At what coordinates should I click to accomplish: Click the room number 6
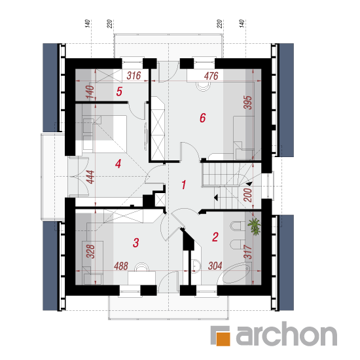click(202, 118)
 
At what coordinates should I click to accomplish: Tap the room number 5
click(119, 92)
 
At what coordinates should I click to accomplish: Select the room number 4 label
click(118, 164)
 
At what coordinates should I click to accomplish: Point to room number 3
click(135, 243)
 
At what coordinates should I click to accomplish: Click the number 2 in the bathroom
click(215, 237)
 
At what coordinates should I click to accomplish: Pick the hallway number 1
click(184, 185)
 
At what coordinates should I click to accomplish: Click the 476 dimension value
click(211, 76)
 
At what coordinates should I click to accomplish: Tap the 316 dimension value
click(134, 75)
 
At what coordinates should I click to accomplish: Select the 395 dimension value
click(248, 102)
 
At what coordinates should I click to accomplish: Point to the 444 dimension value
click(91, 177)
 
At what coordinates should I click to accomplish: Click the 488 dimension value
click(121, 266)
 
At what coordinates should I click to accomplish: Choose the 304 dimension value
click(215, 266)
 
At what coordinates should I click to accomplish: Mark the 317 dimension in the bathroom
click(248, 252)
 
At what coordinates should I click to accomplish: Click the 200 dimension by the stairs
click(248, 195)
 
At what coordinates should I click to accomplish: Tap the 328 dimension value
click(90, 251)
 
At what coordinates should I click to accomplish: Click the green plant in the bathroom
click(255, 226)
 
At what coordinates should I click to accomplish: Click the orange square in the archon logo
click(223, 338)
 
